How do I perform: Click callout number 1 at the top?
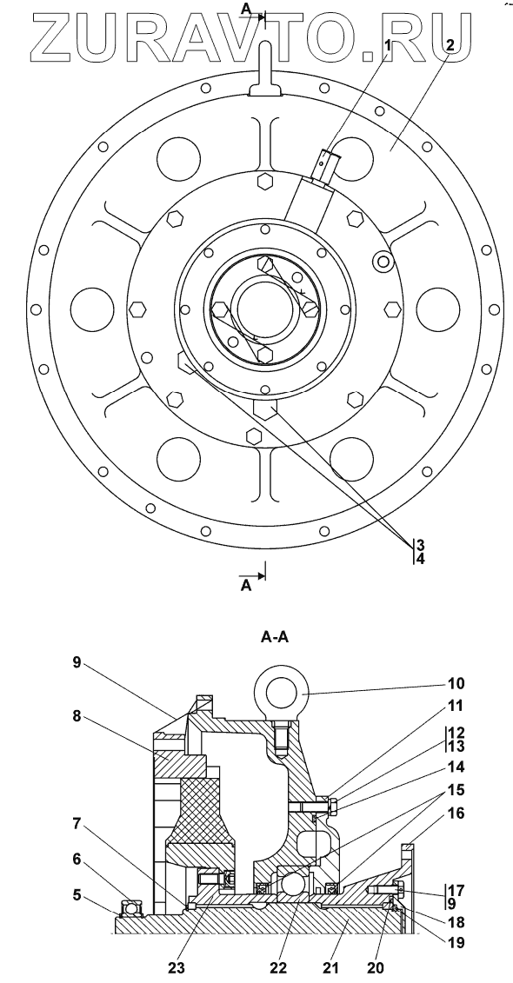pyautogui.click(x=388, y=45)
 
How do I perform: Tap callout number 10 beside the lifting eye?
pyautogui.click(x=456, y=682)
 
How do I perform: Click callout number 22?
pyautogui.click(x=278, y=967)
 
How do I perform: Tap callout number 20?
pyautogui.click(x=376, y=967)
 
